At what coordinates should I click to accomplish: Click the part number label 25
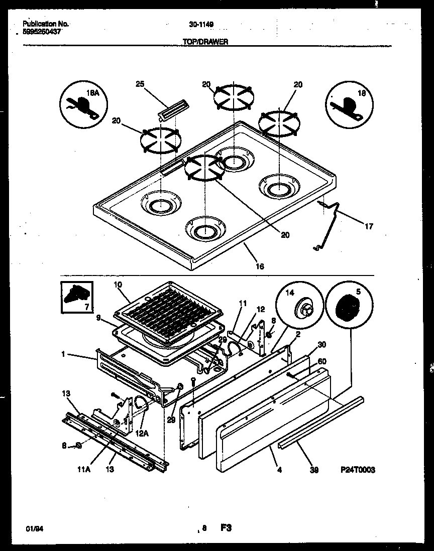click(x=140, y=84)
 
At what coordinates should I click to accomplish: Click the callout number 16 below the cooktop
click(x=260, y=266)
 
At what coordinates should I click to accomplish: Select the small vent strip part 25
click(x=173, y=109)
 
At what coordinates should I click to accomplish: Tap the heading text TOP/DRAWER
click(x=205, y=43)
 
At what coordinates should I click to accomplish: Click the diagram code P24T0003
click(x=358, y=470)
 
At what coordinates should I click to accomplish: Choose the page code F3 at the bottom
click(x=225, y=527)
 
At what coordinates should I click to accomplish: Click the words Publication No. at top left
click(x=46, y=24)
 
